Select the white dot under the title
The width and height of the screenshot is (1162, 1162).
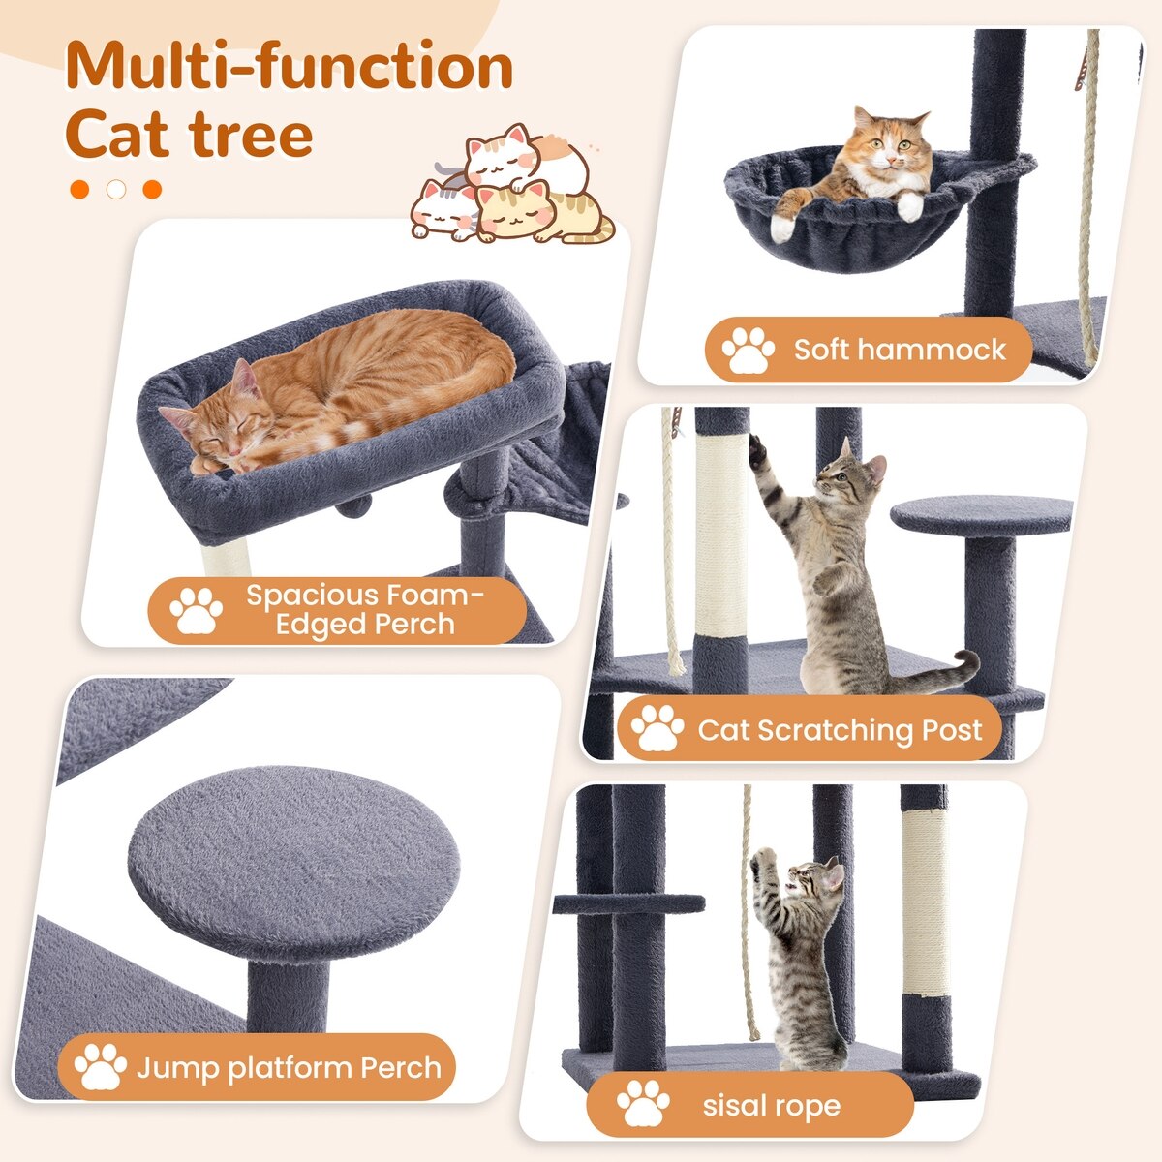point(116,190)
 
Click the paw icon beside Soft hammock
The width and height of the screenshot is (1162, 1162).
point(748,350)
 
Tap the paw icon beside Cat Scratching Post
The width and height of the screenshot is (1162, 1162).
point(657,728)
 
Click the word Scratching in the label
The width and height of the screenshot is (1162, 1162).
point(836,731)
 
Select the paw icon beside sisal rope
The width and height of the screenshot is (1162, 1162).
point(643,1102)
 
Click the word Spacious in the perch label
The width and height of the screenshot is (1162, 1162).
point(313,596)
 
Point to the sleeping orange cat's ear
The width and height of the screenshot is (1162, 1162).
point(244,378)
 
